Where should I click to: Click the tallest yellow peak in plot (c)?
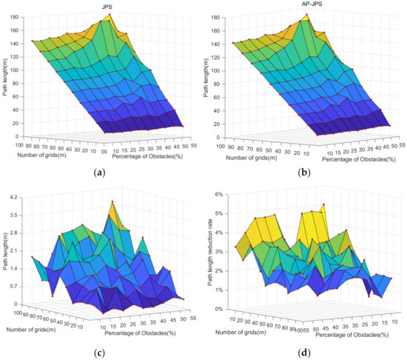pos(112,201)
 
